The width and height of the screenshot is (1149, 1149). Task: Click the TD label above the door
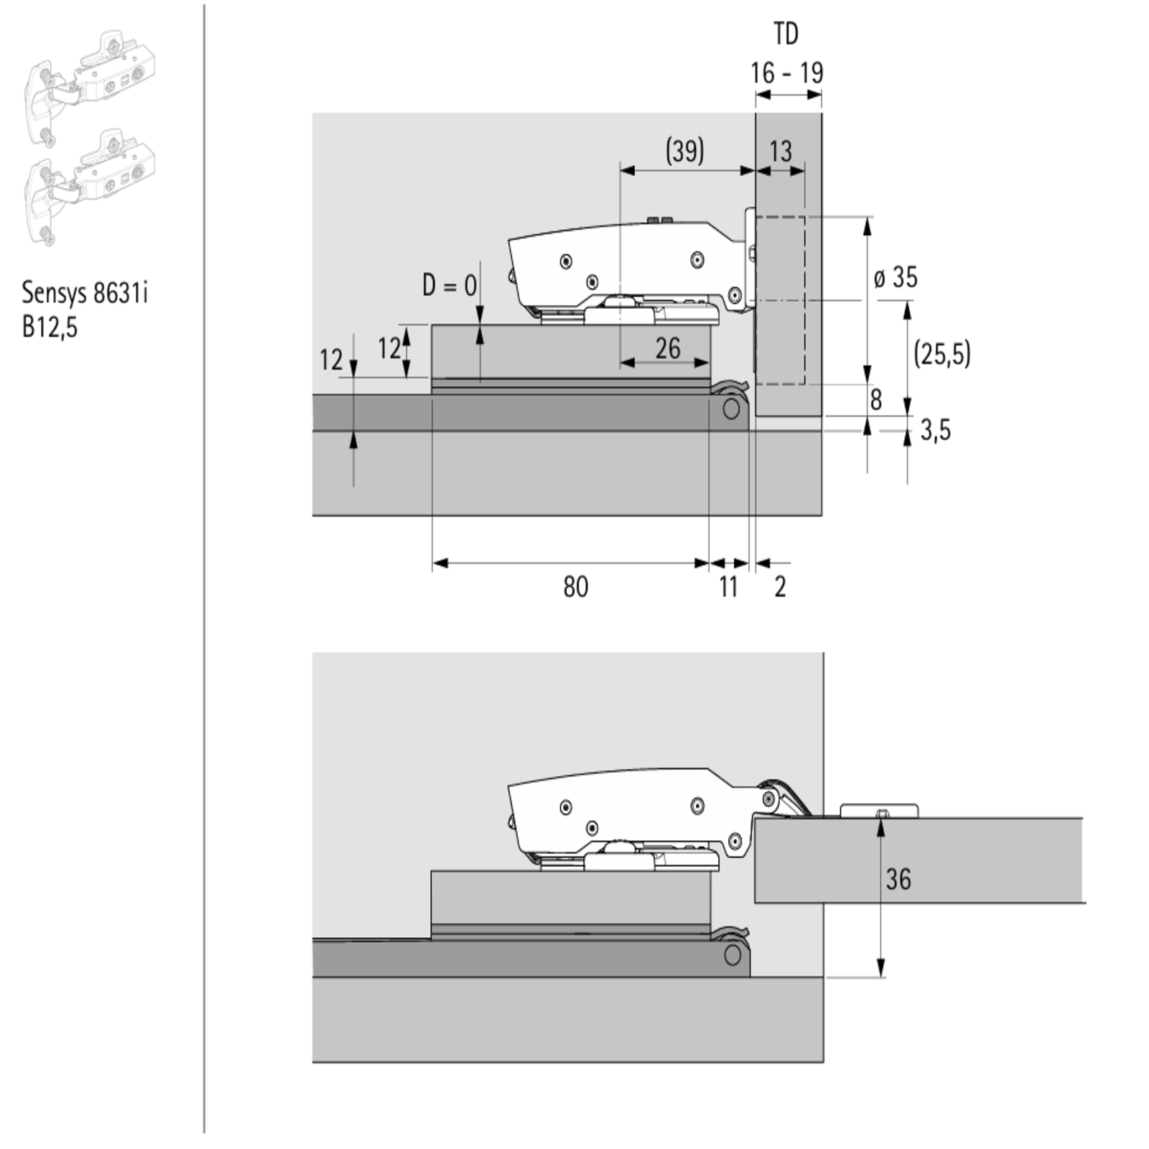(786, 34)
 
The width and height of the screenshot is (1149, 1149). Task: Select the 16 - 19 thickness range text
(787, 73)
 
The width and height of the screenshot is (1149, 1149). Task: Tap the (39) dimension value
(684, 151)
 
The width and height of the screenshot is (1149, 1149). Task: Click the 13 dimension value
(781, 151)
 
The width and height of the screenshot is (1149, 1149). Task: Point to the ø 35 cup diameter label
(896, 277)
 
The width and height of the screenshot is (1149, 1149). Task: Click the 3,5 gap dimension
(936, 430)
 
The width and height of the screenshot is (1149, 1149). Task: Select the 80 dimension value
(575, 587)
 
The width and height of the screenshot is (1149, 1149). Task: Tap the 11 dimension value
(728, 587)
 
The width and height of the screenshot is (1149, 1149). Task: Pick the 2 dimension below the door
(781, 587)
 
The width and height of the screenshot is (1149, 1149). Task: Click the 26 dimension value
(668, 348)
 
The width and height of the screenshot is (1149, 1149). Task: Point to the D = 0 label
(450, 285)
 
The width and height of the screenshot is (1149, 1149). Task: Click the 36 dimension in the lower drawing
(898, 879)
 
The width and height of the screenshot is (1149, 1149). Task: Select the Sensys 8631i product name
(85, 292)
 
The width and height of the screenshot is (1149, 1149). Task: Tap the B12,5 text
(50, 327)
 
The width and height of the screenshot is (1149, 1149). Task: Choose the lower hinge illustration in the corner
(90, 187)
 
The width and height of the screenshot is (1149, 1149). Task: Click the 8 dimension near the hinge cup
(875, 400)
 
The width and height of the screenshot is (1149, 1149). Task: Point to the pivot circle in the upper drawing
(731, 409)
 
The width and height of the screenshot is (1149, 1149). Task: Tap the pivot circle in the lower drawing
(732, 955)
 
